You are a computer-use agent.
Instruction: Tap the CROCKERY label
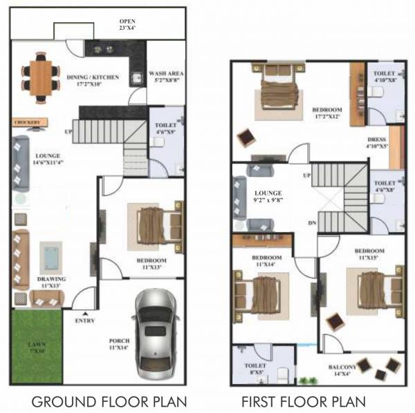[x=27, y=122]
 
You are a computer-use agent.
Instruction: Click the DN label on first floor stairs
[x=311, y=222]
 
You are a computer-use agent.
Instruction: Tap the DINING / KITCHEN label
[x=94, y=80]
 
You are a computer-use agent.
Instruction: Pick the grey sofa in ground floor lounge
[x=19, y=163]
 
